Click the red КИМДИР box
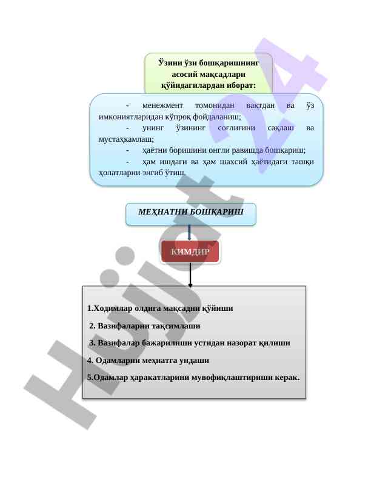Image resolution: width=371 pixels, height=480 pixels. pos(190,252)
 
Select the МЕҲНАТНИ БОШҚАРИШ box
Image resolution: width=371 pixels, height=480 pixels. pos(190,213)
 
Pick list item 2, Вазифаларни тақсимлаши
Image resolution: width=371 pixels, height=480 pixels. pos(145,325)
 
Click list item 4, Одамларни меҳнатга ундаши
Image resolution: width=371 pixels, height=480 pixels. pos(149,360)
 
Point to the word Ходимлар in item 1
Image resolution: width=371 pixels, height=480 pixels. pos(113,308)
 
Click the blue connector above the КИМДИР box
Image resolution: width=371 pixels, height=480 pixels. pos(190,233)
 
